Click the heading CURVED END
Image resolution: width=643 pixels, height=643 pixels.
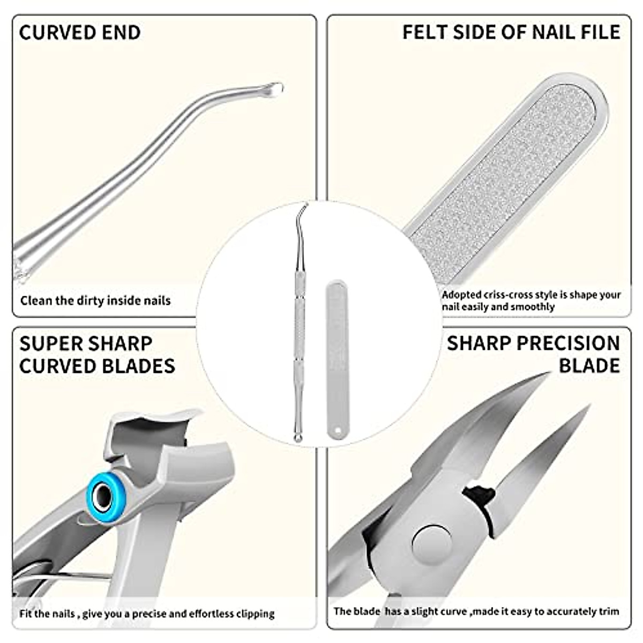point(80,33)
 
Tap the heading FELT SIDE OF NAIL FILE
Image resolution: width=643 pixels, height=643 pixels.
point(511,32)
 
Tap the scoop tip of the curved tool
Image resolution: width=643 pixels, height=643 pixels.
point(274,89)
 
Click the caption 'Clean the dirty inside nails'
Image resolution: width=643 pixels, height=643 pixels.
point(95,301)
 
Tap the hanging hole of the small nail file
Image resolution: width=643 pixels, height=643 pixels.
point(338,430)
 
